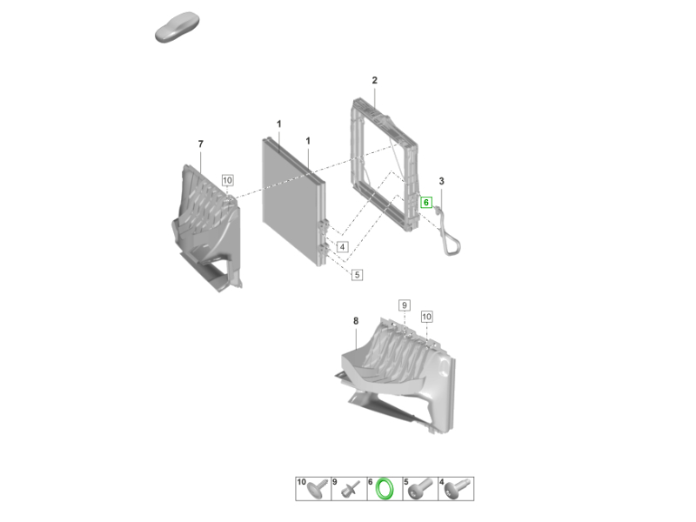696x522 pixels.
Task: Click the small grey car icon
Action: coord(177,27)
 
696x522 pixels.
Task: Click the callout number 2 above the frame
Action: coord(375,80)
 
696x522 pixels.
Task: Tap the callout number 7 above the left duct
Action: coord(201,144)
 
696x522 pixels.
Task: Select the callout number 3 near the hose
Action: coord(441,181)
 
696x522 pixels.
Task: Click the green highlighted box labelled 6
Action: coord(426,203)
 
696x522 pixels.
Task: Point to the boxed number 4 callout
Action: coord(342,247)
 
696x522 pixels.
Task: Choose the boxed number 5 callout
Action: coord(357,275)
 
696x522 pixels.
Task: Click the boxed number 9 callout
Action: coord(404,305)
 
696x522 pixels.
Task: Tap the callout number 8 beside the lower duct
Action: coord(356,321)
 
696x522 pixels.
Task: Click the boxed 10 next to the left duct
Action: coord(227,180)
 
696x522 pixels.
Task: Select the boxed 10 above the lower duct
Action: coord(426,317)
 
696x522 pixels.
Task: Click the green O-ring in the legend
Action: coord(385,489)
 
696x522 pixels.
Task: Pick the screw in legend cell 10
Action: coord(318,489)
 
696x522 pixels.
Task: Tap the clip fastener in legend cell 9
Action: coord(351,490)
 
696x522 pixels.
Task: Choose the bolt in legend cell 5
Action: coord(420,489)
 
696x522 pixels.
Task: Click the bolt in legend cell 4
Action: coord(456,489)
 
